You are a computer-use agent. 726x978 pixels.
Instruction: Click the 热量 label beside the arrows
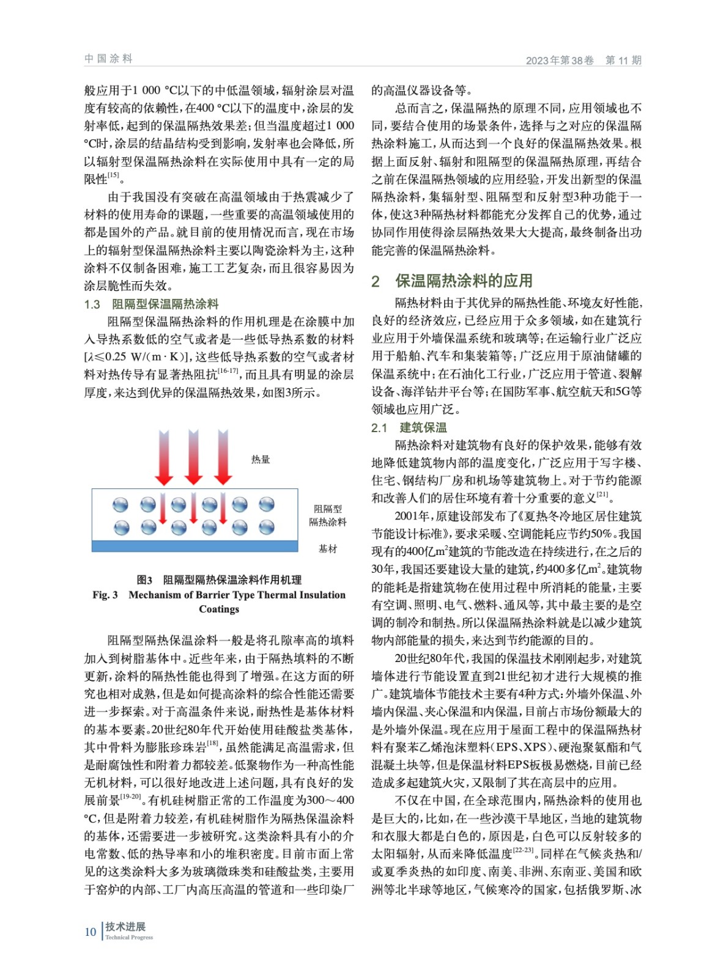[260, 459]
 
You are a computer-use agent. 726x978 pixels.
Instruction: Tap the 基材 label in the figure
[328, 548]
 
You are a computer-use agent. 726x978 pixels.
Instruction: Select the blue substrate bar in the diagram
[194, 546]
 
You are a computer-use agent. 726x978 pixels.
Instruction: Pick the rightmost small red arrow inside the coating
[223, 509]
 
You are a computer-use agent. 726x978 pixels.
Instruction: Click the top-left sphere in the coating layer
[120, 504]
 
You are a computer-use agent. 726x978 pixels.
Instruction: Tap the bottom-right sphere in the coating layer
[267, 527]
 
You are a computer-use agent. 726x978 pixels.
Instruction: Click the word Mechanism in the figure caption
[155, 595]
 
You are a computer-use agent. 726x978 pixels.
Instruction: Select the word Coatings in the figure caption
[219, 609]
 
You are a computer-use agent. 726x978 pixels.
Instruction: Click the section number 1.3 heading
[92, 304]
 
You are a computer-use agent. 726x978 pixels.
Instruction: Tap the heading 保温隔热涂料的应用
[464, 281]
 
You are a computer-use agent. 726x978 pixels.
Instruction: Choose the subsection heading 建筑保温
[423, 428]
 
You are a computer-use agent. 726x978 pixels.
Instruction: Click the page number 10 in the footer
[91, 932]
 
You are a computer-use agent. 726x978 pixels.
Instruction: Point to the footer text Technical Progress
[129, 938]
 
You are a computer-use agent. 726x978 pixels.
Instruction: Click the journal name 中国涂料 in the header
[108, 59]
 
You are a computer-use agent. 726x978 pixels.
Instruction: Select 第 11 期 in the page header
[623, 60]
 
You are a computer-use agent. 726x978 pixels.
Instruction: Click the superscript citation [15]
[114, 176]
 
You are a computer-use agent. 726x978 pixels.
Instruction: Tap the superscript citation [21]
[602, 495]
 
